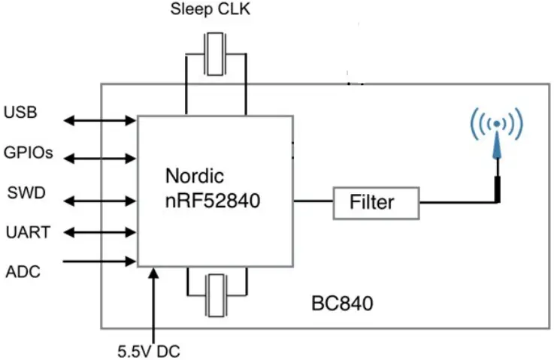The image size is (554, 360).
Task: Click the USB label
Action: pyautogui.click(x=20, y=113)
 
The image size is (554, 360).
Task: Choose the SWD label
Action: pyautogui.click(x=25, y=193)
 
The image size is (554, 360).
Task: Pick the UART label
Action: pyautogui.click(x=27, y=233)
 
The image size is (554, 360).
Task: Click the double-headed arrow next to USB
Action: pyautogui.click(x=99, y=120)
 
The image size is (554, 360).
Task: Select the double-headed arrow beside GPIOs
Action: pyautogui.click(x=99, y=159)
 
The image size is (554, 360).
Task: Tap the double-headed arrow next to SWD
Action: pyautogui.click(x=99, y=201)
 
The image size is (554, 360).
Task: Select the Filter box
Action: pyautogui.click(x=376, y=202)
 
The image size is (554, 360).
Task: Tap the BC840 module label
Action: pyautogui.click(x=342, y=305)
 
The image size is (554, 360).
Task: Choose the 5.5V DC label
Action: pyautogui.click(x=149, y=350)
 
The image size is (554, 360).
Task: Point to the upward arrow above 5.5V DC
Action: pyautogui.click(x=154, y=301)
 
